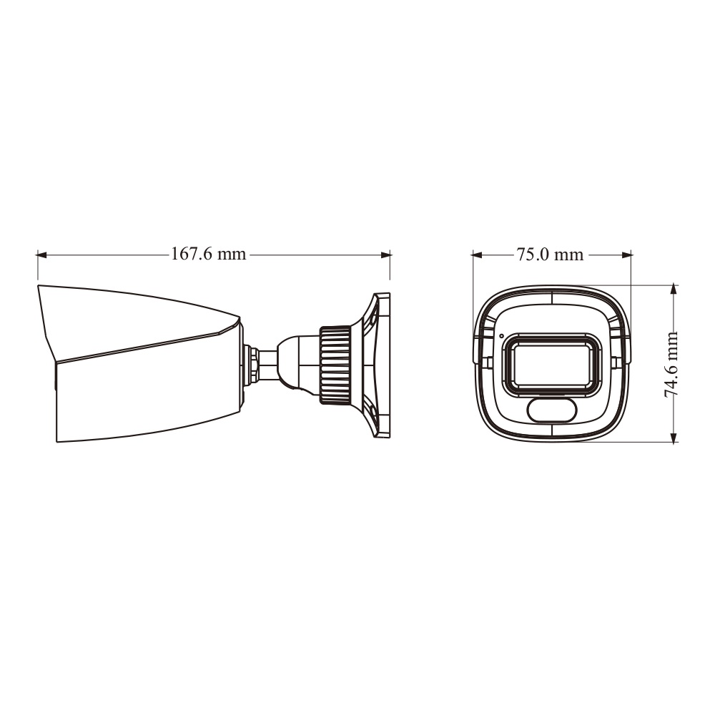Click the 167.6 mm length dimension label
point(208,254)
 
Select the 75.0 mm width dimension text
point(550,254)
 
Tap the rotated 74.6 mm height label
point(671,365)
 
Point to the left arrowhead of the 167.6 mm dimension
point(42,255)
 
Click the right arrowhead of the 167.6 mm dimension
point(385,255)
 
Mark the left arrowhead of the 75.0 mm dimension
point(478,255)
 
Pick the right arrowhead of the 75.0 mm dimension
point(626,255)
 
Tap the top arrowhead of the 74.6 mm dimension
point(674,290)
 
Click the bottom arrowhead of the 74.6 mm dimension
point(674,436)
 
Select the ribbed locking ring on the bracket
point(335,365)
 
